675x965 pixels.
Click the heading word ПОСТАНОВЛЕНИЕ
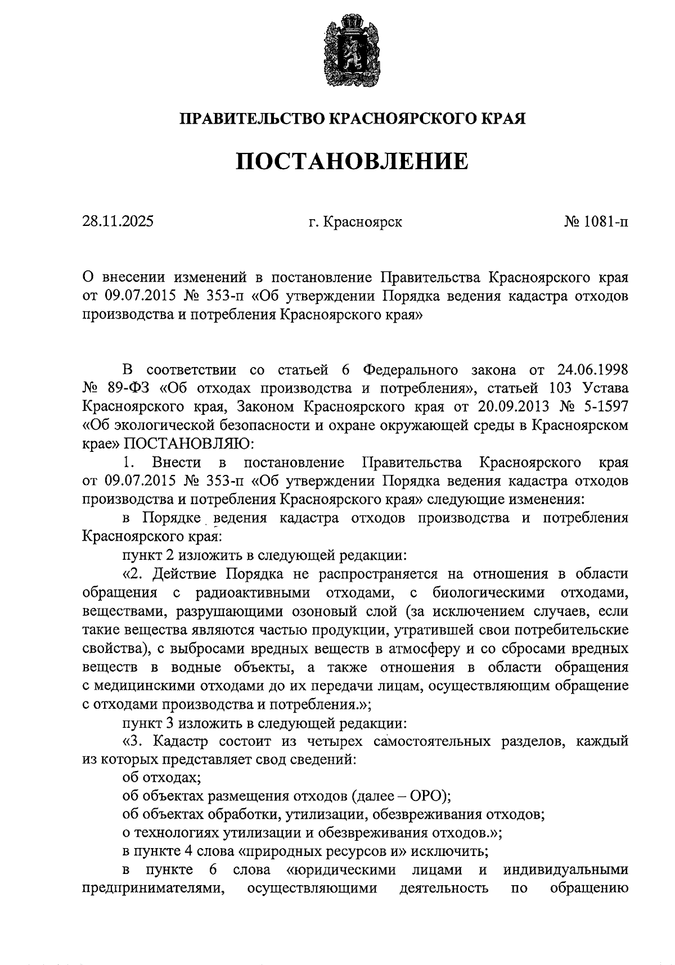[x=352, y=162]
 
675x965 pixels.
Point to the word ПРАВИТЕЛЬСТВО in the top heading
[x=251, y=119]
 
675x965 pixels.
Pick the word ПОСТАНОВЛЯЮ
[x=189, y=443]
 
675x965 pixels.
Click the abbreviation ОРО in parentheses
[x=426, y=796]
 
